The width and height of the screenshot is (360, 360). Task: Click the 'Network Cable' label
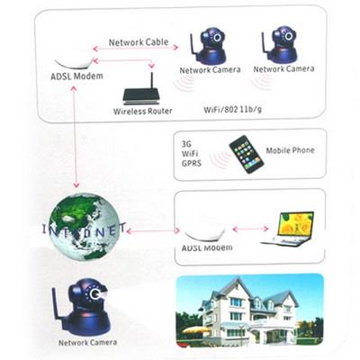coord(139,42)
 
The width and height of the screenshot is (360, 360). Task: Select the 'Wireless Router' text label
coord(143,111)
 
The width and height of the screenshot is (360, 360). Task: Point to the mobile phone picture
coord(247,154)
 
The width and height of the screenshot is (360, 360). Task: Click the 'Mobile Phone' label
coord(290,150)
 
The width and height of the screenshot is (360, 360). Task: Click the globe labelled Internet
coord(84,227)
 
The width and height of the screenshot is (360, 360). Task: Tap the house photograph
coord(249,310)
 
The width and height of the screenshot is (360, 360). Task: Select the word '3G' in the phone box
coord(186,144)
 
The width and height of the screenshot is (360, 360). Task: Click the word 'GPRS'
coord(191,164)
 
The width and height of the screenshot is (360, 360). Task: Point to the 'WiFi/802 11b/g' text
coord(232,109)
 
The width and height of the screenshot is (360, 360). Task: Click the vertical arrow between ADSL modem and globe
coord(75,137)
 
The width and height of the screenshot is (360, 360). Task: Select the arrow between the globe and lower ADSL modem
coord(153,230)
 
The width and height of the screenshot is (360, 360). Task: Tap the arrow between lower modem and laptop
coord(250,229)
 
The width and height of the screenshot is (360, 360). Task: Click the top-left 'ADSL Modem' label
coord(76,76)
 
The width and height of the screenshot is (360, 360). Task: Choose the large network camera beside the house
coord(82,308)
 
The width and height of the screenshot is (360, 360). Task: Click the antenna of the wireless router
coord(151,81)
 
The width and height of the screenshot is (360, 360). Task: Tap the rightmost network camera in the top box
coord(280,44)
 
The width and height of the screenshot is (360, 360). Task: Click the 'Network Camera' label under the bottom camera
coord(87,343)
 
